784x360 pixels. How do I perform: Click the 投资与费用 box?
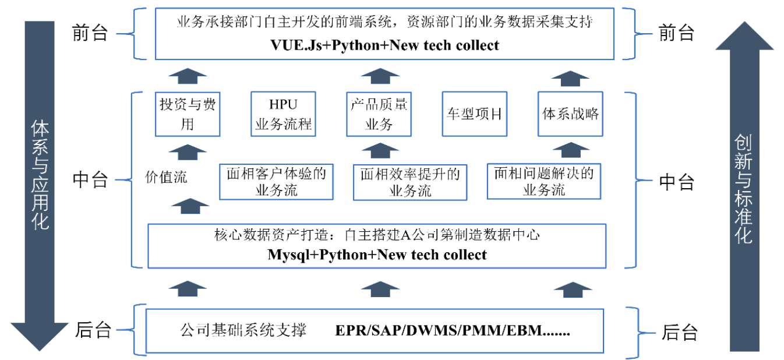coord(187,114)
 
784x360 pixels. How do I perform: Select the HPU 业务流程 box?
coord(283,114)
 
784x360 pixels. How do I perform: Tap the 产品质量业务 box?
coord(379,114)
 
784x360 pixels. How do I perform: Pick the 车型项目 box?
coord(474,114)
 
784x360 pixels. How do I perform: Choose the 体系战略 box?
coord(570,114)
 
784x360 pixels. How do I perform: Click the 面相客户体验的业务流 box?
coord(276,181)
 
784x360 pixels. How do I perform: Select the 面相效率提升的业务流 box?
coord(410,181)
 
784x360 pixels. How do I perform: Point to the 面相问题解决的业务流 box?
coord(543,181)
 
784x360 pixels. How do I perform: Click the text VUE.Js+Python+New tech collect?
coord(384,45)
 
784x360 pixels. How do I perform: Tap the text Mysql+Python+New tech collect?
coord(377,255)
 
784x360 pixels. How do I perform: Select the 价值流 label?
coord(166,177)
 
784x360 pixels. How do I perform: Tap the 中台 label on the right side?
coord(676,182)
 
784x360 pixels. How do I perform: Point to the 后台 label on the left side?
coord(93,330)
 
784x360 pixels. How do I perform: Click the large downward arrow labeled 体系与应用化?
coord(40,186)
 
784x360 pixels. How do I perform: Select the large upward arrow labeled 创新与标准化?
coord(744,186)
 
